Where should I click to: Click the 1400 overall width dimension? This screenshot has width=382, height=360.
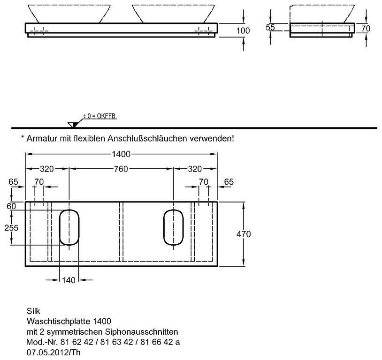click(121, 154)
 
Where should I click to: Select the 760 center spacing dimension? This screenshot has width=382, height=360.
click(121, 169)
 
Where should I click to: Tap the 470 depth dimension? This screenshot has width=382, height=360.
click(244, 234)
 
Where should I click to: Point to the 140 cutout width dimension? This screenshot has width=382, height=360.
click(69, 280)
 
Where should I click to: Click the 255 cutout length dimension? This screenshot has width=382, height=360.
click(11, 228)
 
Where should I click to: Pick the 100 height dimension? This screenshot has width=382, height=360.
click(243, 30)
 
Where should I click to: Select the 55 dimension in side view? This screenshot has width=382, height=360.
click(270, 27)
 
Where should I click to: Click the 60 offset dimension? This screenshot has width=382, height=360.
click(11, 206)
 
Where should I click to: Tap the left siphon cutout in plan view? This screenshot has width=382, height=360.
click(69, 227)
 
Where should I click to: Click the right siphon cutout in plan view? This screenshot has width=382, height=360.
click(173, 227)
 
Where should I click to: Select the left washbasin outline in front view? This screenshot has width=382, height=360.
click(69, 14)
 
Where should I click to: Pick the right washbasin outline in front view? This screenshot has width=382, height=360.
click(173, 14)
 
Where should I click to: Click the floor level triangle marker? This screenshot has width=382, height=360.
click(73, 125)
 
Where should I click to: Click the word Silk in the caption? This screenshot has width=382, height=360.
click(33, 311)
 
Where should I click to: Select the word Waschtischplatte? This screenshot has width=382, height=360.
click(58, 321)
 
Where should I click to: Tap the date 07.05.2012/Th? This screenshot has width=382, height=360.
click(53, 352)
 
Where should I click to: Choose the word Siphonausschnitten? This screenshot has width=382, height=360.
click(142, 332)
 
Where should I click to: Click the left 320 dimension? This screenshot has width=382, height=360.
click(47, 169)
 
